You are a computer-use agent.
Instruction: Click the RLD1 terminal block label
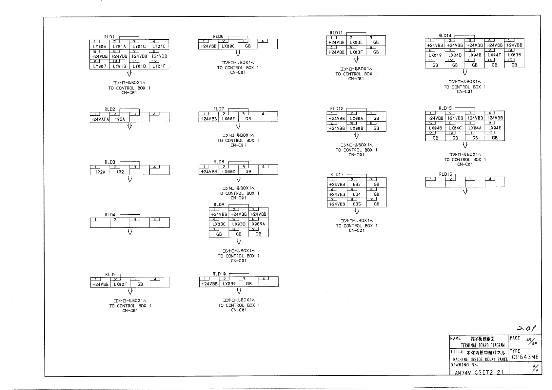(x=109, y=37)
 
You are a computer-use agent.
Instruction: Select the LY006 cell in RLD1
(x=99, y=47)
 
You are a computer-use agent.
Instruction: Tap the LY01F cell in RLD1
(x=159, y=66)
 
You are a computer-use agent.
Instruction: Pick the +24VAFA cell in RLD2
(x=100, y=119)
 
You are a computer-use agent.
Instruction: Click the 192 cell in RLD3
(x=120, y=172)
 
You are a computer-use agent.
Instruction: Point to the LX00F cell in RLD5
(x=120, y=284)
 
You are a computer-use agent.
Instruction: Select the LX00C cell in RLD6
(x=228, y=46)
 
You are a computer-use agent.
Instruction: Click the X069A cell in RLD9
(x=258, y=224)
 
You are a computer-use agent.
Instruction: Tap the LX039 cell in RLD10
(x=229, y=284)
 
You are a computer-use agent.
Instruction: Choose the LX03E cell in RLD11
(x=356, y=42)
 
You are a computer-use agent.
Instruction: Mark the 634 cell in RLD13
(x=357, y=194)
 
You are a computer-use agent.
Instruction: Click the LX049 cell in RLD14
(x=435, y=55)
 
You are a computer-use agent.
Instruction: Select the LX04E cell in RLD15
(x=495, y=128)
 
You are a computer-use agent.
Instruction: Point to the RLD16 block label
(x=445, y=174)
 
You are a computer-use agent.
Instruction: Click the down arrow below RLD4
(x=130, y=232)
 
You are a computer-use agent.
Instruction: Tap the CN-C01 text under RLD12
(x=356, y=155)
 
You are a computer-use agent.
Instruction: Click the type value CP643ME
(x=525, y=357)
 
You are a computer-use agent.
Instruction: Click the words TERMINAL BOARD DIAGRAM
(x=483, y=345)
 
